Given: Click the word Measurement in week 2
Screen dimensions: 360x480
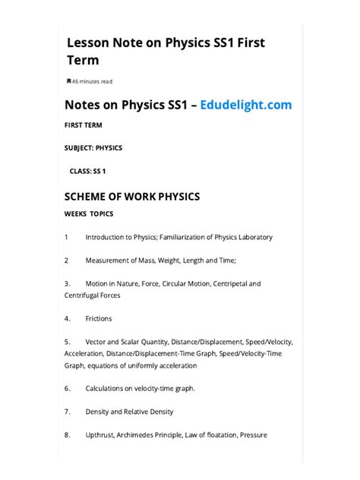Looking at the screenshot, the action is [x=108, y=261].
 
